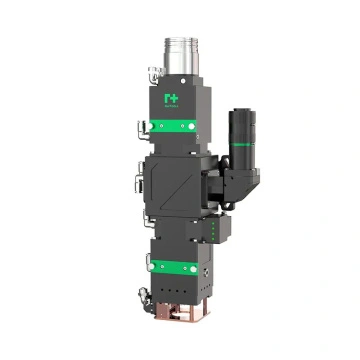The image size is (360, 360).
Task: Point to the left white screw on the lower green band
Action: (x=152, y=267)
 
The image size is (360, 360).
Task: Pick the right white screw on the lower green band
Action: (x=192, y=267)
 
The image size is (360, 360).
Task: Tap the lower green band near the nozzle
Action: (x=172, y=267)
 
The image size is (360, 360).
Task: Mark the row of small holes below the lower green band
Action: (x=172, y=284)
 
